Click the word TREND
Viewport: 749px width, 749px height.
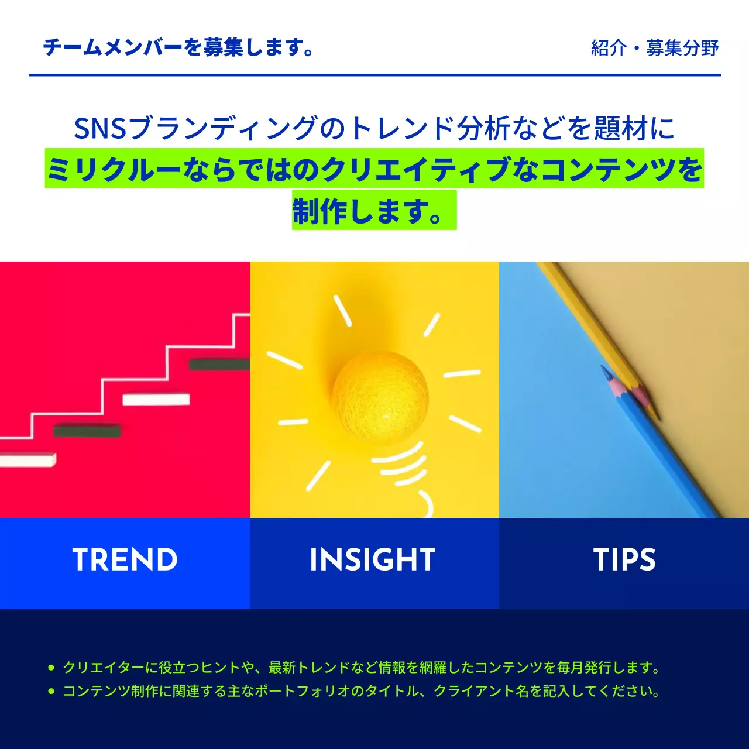[125, 560]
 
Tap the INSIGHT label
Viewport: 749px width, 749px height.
[373, 560]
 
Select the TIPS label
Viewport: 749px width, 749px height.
[624, 560]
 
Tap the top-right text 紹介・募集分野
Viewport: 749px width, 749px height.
[655, 48]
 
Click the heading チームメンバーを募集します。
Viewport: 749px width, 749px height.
[179, 47]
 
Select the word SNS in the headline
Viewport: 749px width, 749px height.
[100, 128]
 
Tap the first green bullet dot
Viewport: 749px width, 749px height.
[51, 667]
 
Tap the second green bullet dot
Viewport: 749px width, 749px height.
[51, 691]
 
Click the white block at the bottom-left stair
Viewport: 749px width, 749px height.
[28, 460]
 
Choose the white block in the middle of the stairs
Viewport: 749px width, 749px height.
[156, 400]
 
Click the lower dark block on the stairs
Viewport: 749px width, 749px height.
[87, 431]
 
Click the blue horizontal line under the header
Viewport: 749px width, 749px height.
[374, 75]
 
